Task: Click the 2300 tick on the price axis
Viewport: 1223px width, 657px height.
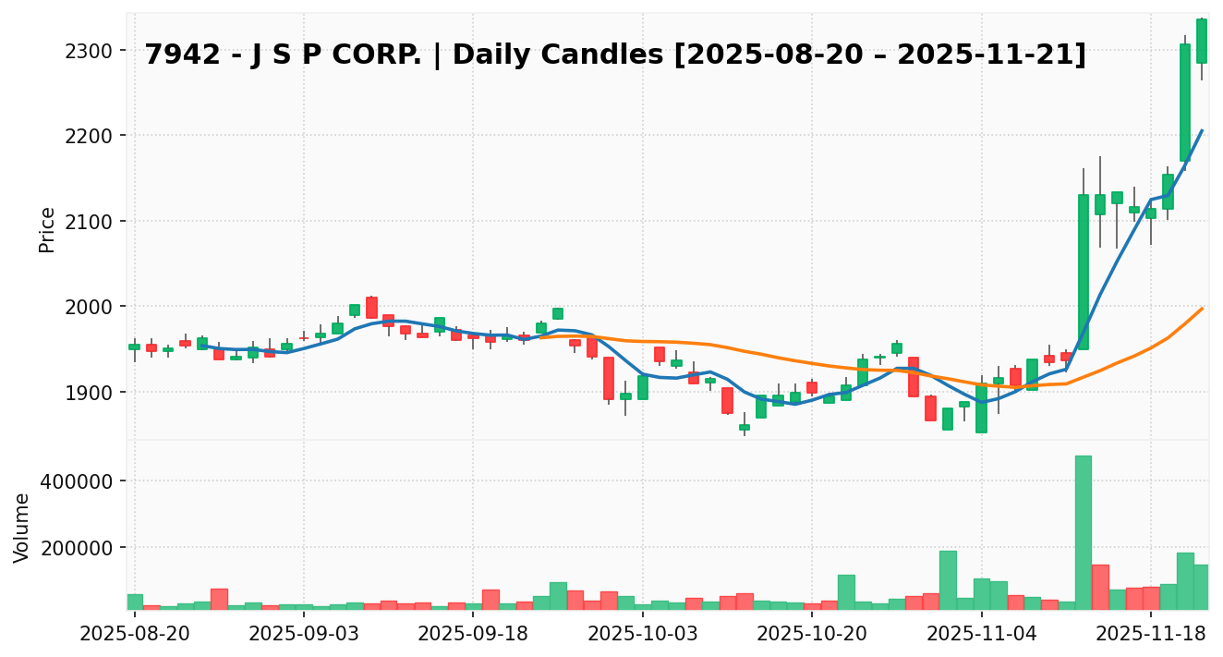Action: click(x=95, y=51)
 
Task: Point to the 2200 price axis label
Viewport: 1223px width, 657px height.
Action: click(x=95, y=136)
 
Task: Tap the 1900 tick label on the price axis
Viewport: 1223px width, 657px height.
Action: click(x=95, y=393)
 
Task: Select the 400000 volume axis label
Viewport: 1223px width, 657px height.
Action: click(x=81, y=481)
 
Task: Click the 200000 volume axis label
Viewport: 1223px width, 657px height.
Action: click(x=81, y=548)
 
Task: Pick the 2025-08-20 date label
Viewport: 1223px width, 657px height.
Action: click(x=135, y=634)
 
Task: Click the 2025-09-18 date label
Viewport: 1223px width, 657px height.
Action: click(x=473, y=634)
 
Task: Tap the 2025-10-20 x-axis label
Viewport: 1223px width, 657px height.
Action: click(x=812, y=634)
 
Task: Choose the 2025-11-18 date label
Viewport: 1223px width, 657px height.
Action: click(x=1150, y=634)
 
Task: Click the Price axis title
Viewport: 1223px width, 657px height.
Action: click(x=47, y=229)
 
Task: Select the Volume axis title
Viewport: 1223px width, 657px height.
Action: click(x=22, y=527)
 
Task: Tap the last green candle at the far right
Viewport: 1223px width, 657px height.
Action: click(x=1201, y=41)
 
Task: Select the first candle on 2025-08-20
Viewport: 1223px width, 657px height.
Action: click(x=135, y=347)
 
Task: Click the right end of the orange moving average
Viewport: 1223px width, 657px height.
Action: click(x=1202, y=308)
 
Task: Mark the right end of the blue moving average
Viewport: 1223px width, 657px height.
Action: click(x=1202, y=130)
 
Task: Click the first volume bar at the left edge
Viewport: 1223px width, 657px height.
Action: click(x=135, y=602)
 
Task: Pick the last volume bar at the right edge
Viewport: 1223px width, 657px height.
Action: click(x=1201, y=587)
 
